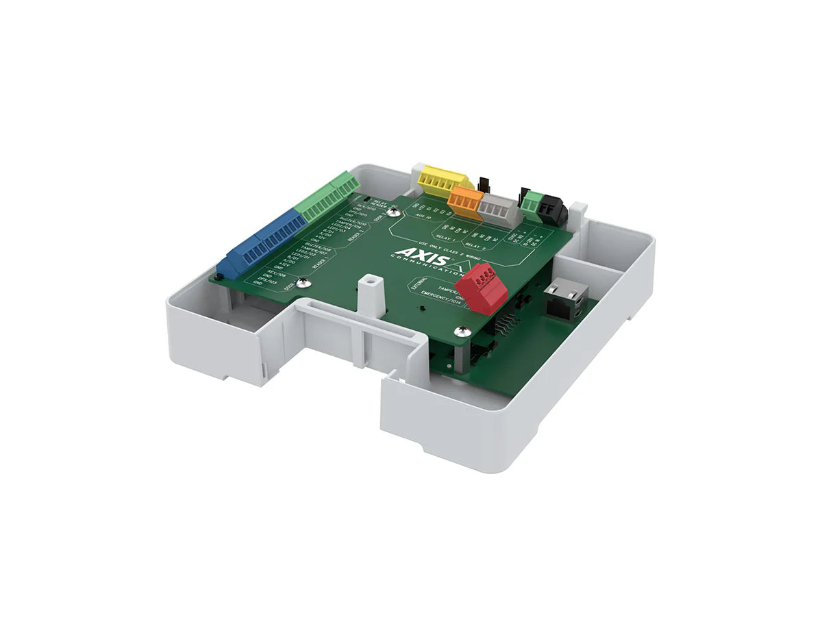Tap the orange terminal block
click(x=466, y=202)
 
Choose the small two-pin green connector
click(x=530, y=201)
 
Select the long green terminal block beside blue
click(x=328, y=197)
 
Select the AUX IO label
click(x=424, y=216)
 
